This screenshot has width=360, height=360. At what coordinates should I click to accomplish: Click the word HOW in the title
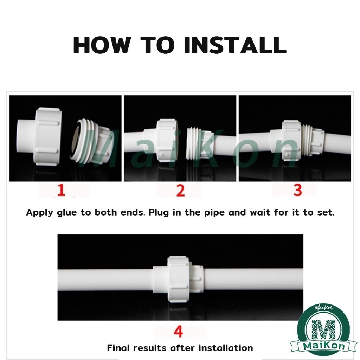coord(102,45)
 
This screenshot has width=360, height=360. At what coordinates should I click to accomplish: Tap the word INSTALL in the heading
coord(235,45)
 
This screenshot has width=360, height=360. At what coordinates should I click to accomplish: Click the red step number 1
coord(61,190)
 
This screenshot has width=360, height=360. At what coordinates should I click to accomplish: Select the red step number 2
coord(180,190)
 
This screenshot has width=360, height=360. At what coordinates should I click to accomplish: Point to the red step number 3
coord(297,190)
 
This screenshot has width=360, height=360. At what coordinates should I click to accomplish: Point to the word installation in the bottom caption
coord(226,348)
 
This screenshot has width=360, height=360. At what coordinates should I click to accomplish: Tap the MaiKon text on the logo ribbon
coord(324,346)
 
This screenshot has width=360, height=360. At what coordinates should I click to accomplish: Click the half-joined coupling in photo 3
coord(297,140)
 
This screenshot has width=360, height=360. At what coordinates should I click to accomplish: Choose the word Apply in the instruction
coord(40,213)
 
